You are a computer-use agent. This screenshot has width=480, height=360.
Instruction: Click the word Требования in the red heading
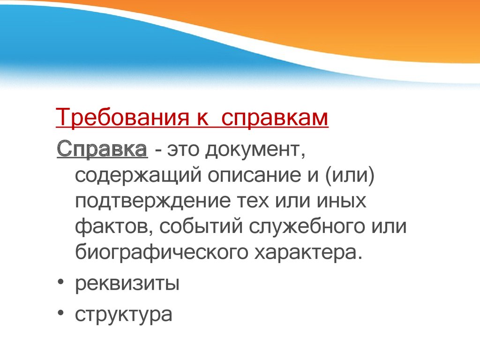(x=122, y=117)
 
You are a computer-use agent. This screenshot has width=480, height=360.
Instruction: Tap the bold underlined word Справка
(x=102, y=150)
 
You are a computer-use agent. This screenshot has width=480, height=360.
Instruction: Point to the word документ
(x=255, y=150)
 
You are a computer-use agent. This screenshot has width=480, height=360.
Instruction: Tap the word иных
(x=341, y=201)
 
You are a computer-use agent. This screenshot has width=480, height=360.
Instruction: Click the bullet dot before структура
(x=60, y=313)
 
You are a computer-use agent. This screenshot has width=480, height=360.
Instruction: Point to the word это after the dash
(x=183, y=150)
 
